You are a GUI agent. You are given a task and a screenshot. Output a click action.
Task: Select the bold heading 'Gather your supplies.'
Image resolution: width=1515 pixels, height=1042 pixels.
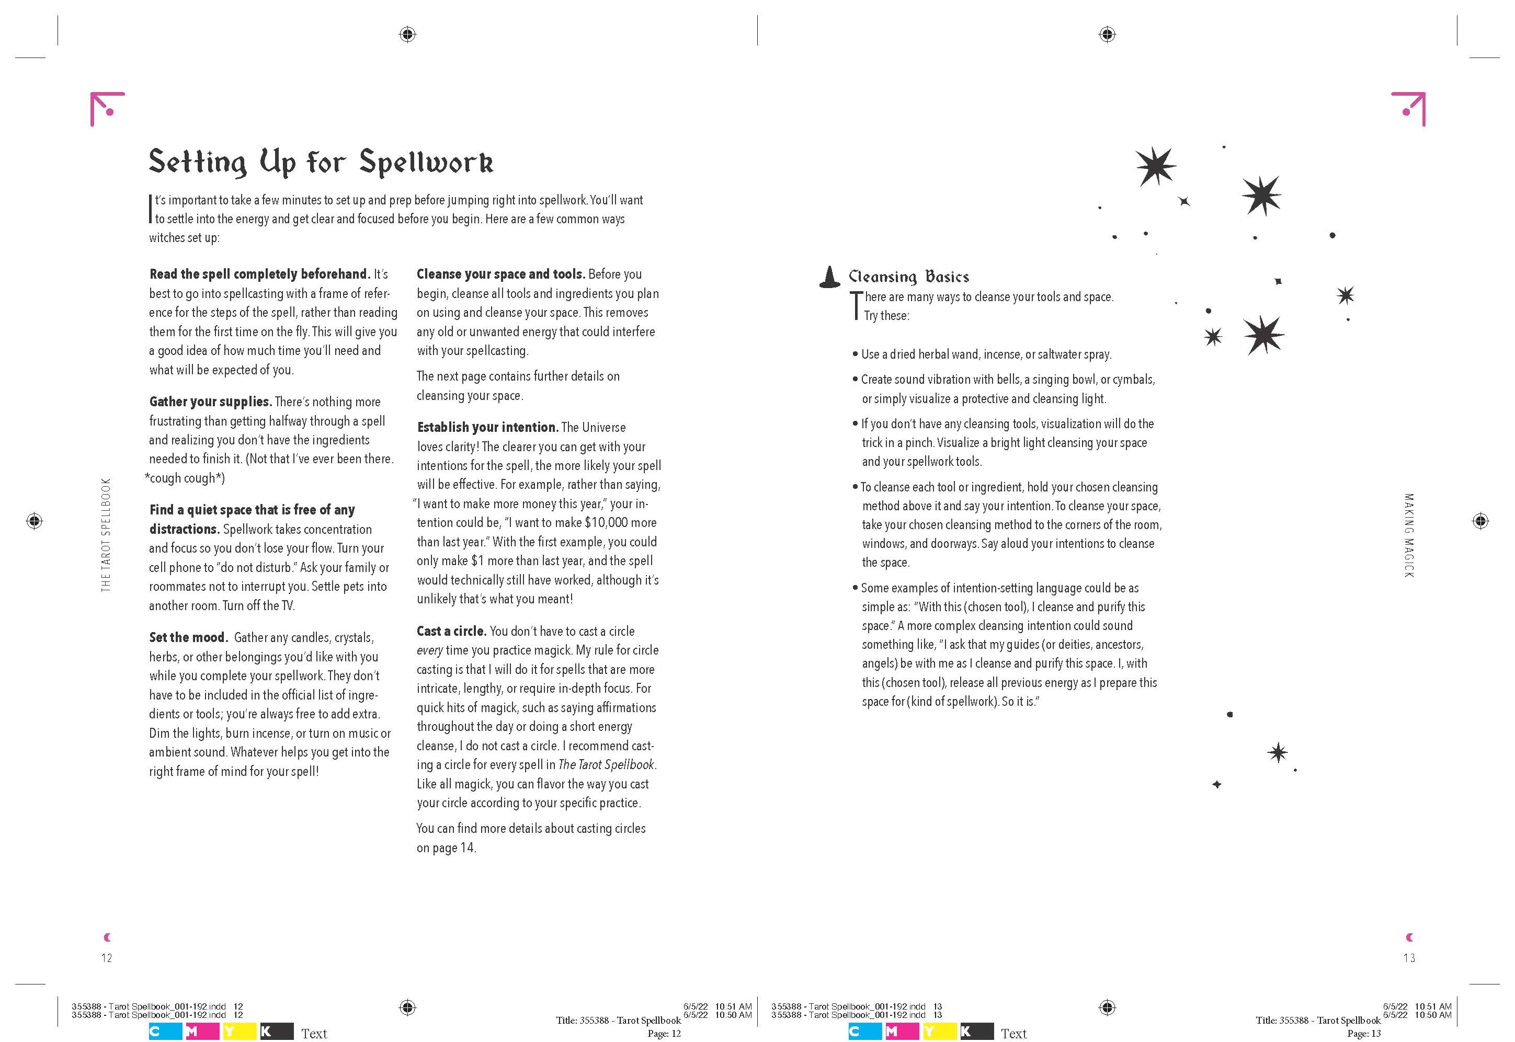[210, 402]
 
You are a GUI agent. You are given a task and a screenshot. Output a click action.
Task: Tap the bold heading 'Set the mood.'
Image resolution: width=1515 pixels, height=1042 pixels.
[188, 637]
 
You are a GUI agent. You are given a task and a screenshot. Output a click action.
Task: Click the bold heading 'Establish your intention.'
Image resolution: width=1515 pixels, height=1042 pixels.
[488, 428]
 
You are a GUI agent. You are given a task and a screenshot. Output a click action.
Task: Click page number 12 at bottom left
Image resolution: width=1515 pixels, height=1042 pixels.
[107, 958]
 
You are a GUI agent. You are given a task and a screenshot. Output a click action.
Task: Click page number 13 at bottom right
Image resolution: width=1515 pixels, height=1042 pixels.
[1409, 958]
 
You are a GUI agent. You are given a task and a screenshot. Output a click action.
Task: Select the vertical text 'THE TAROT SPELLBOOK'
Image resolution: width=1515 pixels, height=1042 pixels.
[106, 535]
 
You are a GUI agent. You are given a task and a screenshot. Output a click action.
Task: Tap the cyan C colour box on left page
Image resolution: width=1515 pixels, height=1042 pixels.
[165, 1032]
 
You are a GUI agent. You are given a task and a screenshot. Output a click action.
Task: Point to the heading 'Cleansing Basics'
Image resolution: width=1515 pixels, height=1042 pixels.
[908, 277]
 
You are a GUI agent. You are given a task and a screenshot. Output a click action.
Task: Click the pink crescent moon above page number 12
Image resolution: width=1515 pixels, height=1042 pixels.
[107, 937]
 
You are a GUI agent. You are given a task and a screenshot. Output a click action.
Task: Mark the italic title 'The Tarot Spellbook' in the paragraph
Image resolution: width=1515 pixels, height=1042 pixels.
[606, 764]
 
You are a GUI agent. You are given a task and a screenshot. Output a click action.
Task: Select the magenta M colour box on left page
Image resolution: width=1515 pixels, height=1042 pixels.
[201, 1032]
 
